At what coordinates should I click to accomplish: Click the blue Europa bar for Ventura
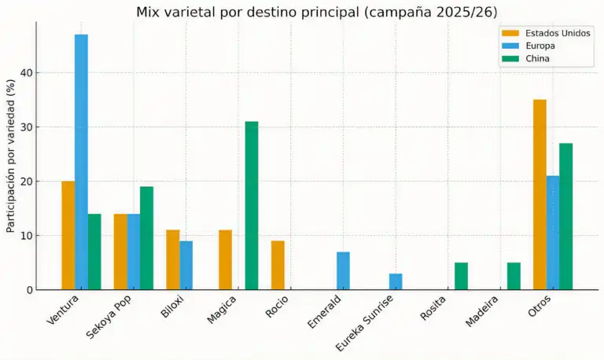tap(81, 162)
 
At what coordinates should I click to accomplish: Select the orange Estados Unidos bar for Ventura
tap(68, 235)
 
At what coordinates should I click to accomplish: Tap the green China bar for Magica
tap(252, 205)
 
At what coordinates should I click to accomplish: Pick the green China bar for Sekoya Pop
tap(146, 237)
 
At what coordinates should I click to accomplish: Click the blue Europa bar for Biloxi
tap(186, 265)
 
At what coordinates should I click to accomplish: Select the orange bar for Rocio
tap(278, 265)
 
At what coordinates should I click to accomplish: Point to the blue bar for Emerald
tap(343, 270)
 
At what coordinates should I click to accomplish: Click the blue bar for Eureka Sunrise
tap(396, 281)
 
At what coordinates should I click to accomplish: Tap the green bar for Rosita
tap(461, 276)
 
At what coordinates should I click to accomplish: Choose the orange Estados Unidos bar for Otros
tap(540, 194)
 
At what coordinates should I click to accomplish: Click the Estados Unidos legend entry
tap(546, 33)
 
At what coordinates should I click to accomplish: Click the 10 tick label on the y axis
tap(28, 236)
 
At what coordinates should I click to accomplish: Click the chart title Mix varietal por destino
tap(317, 12)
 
